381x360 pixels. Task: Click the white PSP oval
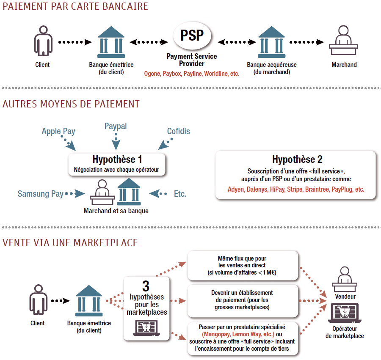[192, 35]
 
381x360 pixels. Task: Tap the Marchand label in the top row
[344, 65]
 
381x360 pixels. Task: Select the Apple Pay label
[58, 131]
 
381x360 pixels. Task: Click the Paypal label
[116, 126]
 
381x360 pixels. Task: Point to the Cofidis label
[178, 131]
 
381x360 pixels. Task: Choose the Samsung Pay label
[40, 194]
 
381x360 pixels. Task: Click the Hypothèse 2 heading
[297, 159]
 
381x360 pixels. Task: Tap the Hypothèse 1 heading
[117, 159]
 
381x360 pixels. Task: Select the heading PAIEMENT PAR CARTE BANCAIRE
[75, 6]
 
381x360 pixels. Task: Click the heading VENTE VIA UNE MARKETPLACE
[70, 242]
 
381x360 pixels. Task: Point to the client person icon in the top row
[42, 42]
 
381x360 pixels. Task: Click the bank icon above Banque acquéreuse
[271, 42]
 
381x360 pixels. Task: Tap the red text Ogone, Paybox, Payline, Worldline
[191, 74]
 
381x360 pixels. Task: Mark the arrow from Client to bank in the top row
[75, 42]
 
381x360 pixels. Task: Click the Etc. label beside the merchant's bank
[180, 194]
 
